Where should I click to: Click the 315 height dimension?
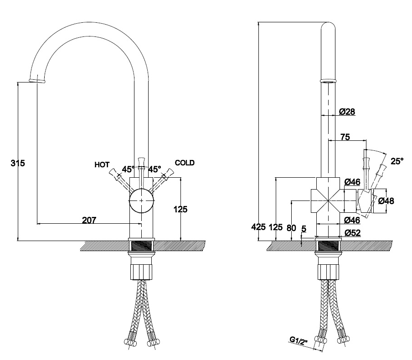pyautogui.click(x=18, y=163)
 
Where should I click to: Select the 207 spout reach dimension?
pyautogui.click(x=89, y=220)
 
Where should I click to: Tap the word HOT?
pyautogui.click(x=102, y=165)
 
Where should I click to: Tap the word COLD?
pyautogui.click(x=185, y=163)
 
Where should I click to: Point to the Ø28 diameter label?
pyautogui.click(x=347, y=112)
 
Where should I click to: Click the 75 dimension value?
pyautogui.click(x=345, y=137)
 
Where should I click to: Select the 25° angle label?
pyautogui.click(x=397, y=161)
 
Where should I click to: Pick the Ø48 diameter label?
pyautogui.click(x=386, y=201)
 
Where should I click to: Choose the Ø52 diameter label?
pyautogui.click(x=353, y=233)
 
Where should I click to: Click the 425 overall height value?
pyautogui.click(x=258, y=227)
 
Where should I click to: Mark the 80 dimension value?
pyautogui.click(x=291, y=228)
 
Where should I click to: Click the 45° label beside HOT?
pyautogui.click(x=128, y=169)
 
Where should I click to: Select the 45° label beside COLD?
pyautogui.click(x=155, y=169)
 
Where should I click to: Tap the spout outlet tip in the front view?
pyautogui.click(x=37, y=81)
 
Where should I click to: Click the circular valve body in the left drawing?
pyautogui.click(x=141, y=201)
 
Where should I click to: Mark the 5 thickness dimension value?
pyautogui.click(x=304, y=229)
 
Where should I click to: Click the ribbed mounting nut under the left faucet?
pyautogui.click(x=141, y=272)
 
